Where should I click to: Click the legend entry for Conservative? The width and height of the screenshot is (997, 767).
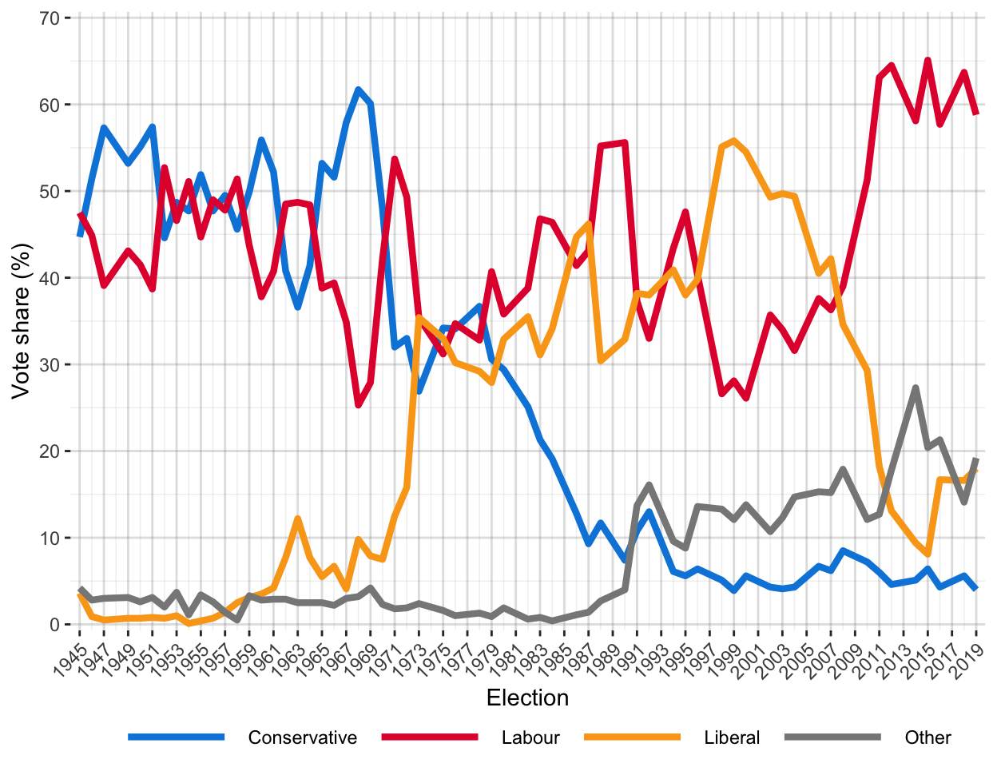coord(302,737)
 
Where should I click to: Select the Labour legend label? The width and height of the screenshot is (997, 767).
coord(530,737)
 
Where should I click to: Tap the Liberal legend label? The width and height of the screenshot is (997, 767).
coord(732,737)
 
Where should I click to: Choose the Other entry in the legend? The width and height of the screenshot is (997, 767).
coord(927,737)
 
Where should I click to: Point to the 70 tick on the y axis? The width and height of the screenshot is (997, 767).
coord(50,18)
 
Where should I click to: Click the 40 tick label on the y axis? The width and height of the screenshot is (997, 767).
coord(50,278)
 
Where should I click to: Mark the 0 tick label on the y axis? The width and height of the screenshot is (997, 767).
coord(54,624)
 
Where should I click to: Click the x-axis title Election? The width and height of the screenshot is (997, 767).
coord(527,697)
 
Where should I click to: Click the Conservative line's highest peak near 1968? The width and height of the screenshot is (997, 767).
coord(358,89)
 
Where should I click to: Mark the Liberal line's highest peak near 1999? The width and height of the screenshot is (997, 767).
coord(733,141)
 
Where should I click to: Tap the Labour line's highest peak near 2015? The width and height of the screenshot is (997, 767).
coord(927,60)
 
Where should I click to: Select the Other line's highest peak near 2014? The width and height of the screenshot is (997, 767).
coord(916,387)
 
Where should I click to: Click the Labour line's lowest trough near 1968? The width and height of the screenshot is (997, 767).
coord(358,405)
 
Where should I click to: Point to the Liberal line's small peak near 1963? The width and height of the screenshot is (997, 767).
coord(297,519)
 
